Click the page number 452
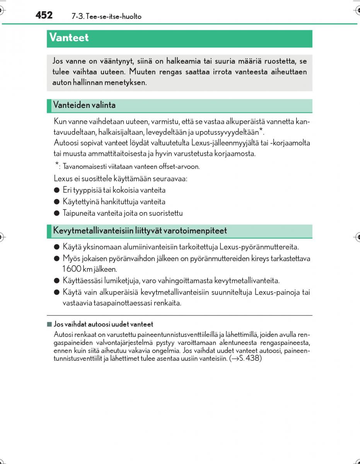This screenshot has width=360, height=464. point(44,15)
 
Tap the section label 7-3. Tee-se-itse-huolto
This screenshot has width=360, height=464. point(106,17)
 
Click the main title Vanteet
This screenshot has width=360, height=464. point(69,38)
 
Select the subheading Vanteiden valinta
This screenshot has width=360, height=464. point(84,105)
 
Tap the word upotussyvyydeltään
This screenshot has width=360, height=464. point(229,132)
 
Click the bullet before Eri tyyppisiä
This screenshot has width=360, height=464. point(56,190)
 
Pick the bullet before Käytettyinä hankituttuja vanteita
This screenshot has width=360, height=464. point(56,201)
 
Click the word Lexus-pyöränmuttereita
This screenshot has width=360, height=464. point(259,247)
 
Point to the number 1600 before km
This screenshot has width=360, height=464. point(72,269)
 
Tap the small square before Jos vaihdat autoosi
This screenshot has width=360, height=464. point(49,324)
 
